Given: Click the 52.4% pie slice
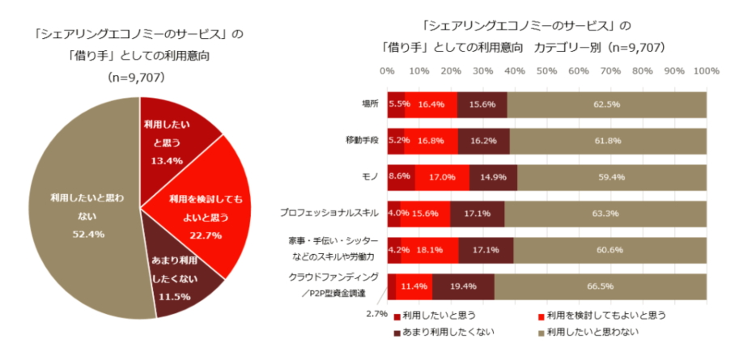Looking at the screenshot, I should click(77, 210).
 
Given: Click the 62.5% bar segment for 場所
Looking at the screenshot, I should click(607, 104).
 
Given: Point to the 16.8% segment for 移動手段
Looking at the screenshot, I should click(431, 140).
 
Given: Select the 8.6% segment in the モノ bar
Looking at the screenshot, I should click(401, 176).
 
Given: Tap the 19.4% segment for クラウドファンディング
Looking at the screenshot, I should click(463, 286).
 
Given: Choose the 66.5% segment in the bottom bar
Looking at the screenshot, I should click(601, 286).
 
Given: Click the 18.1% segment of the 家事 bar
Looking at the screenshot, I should click(430, 250).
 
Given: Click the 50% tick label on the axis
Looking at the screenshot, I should click(546, 71).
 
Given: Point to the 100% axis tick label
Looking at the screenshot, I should click(706, 71).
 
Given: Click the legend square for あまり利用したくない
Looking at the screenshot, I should click(397, 331).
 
